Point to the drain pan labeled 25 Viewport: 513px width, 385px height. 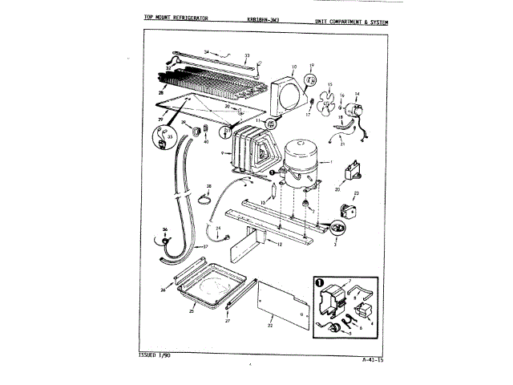[x=212, y=289]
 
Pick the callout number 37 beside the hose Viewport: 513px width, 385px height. [x=204, y=247]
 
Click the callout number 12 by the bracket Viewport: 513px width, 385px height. [x=280, y=244]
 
